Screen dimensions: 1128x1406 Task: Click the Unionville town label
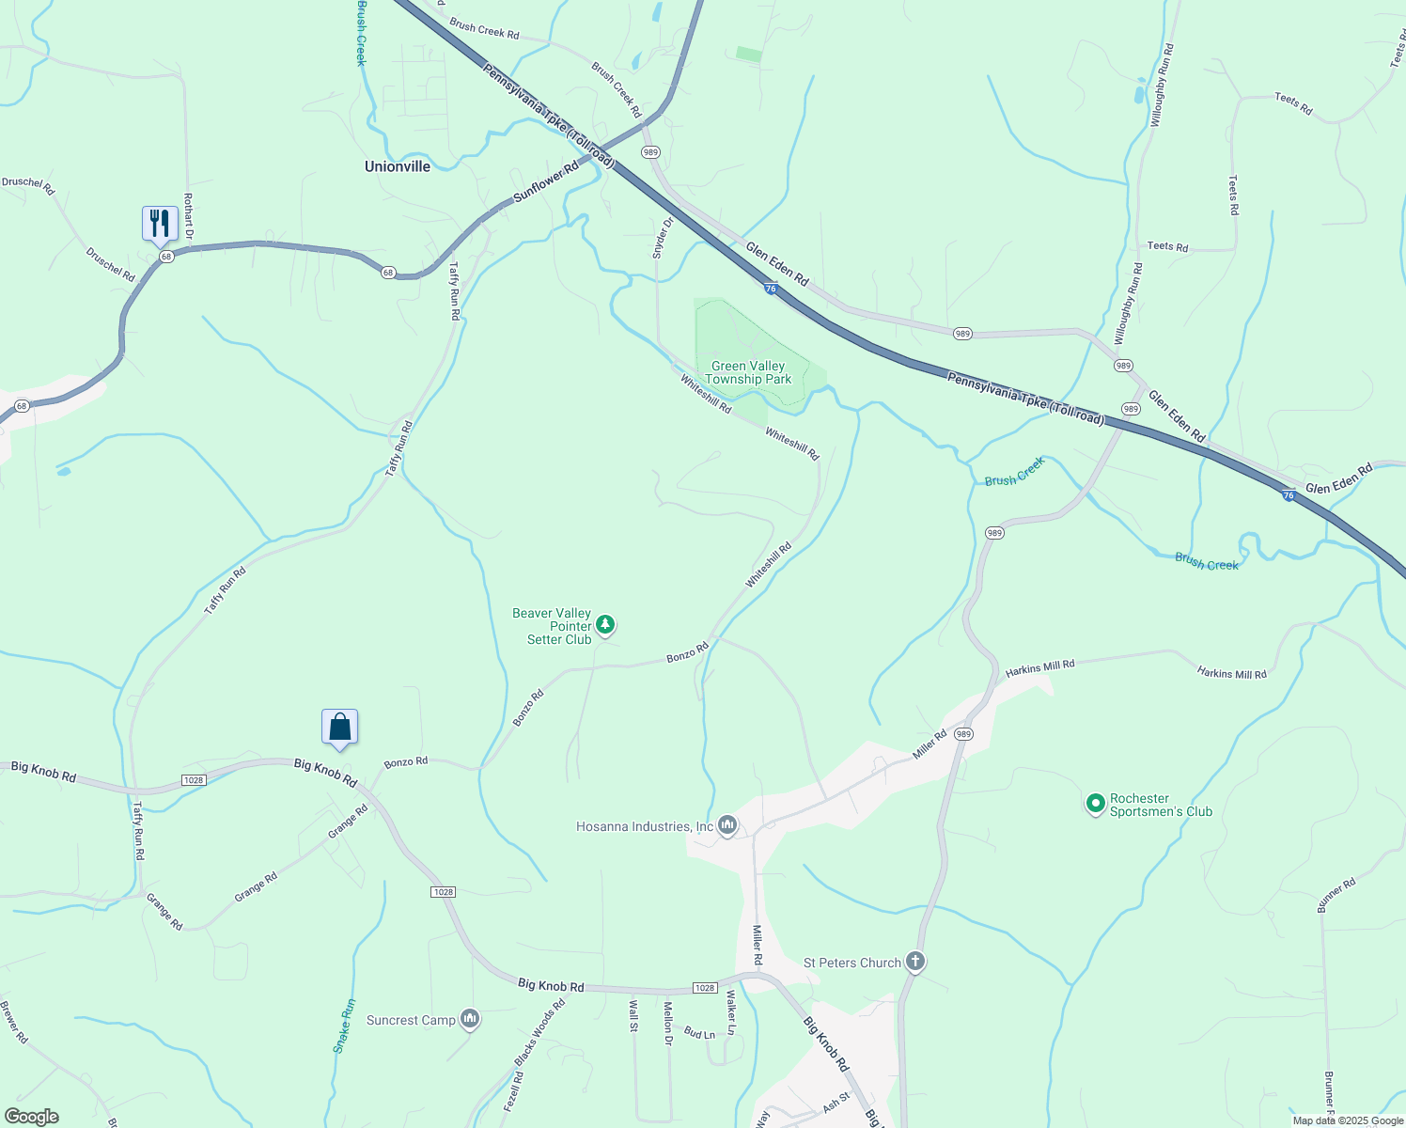398,166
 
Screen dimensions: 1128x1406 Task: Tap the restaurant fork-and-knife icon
160,224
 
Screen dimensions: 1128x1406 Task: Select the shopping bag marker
339,727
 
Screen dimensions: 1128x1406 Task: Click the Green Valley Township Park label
748,373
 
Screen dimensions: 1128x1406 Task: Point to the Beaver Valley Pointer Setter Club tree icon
606,624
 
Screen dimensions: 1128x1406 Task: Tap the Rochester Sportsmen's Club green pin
1095,804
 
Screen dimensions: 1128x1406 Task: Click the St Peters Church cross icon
915,962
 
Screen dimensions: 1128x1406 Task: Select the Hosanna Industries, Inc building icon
726,825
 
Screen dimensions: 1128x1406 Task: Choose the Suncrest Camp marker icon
471,1019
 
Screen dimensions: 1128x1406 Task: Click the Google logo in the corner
31,1116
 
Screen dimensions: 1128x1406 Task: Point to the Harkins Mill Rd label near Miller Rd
1039,667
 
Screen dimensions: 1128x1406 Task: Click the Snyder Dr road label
663,238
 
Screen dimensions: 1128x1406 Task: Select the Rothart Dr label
188,215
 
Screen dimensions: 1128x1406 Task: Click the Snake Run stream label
344,1026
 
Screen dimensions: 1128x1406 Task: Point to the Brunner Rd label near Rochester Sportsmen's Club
1336,895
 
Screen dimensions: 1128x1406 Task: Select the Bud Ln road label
699,1032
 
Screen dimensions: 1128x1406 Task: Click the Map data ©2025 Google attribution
1347,1120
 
